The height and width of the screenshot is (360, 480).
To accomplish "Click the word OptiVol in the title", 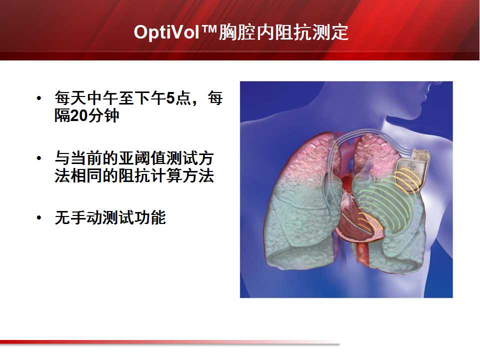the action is click(167, 32).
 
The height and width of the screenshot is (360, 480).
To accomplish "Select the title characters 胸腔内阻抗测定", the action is click(283, 32).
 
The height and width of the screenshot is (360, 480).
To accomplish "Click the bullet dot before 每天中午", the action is click(39, 98).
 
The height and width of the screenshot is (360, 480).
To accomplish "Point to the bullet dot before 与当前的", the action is click(39, 158).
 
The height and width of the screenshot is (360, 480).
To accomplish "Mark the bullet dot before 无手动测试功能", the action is click(39, 217).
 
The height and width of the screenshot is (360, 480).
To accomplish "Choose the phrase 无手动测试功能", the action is click(110, 217).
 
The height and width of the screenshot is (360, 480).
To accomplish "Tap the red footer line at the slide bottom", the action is click(170, 342).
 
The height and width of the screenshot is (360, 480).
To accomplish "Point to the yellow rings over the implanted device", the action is click(407, 180).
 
